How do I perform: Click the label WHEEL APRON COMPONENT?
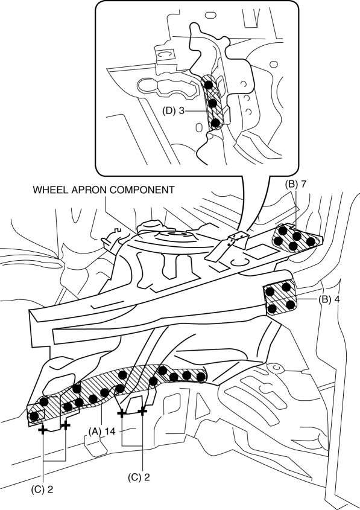pos(104,190)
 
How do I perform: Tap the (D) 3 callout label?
pos(173,111)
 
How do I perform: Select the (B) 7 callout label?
pos(295,184)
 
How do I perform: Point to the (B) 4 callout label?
pos(329,299)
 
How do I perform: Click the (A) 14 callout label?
pos(102,432)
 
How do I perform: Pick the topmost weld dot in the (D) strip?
pos(209,85)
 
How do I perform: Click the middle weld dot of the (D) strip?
pos(212,104)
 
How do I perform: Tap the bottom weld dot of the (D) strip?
pos(215,123)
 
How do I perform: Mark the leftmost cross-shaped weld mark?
pos(43,430)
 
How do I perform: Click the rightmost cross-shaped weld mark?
pos(142,412)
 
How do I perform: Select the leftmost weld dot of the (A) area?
pos(33,416)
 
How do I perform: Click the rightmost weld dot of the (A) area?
pos(201,377)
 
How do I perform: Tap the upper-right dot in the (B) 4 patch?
pos(286,287)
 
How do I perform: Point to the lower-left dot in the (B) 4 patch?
pos(273,308)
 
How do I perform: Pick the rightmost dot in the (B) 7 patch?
pos(311,241)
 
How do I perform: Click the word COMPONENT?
pos(141,190)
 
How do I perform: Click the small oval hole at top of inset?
pos(210,15)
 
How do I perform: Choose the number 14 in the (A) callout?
pos(110,432)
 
